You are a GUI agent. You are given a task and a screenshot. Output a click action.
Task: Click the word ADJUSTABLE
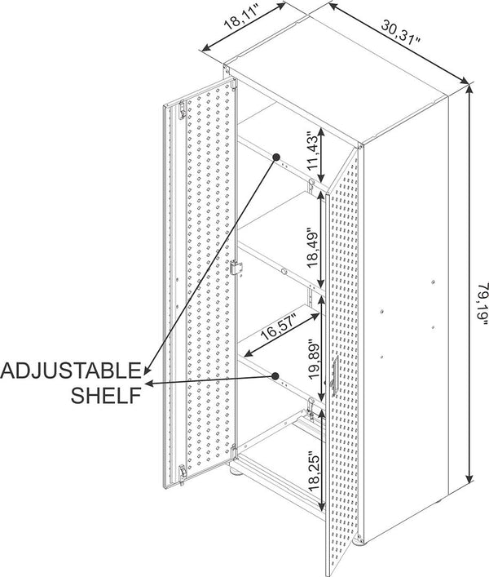(71, 371)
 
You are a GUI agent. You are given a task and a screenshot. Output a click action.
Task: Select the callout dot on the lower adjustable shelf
(278, 376)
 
